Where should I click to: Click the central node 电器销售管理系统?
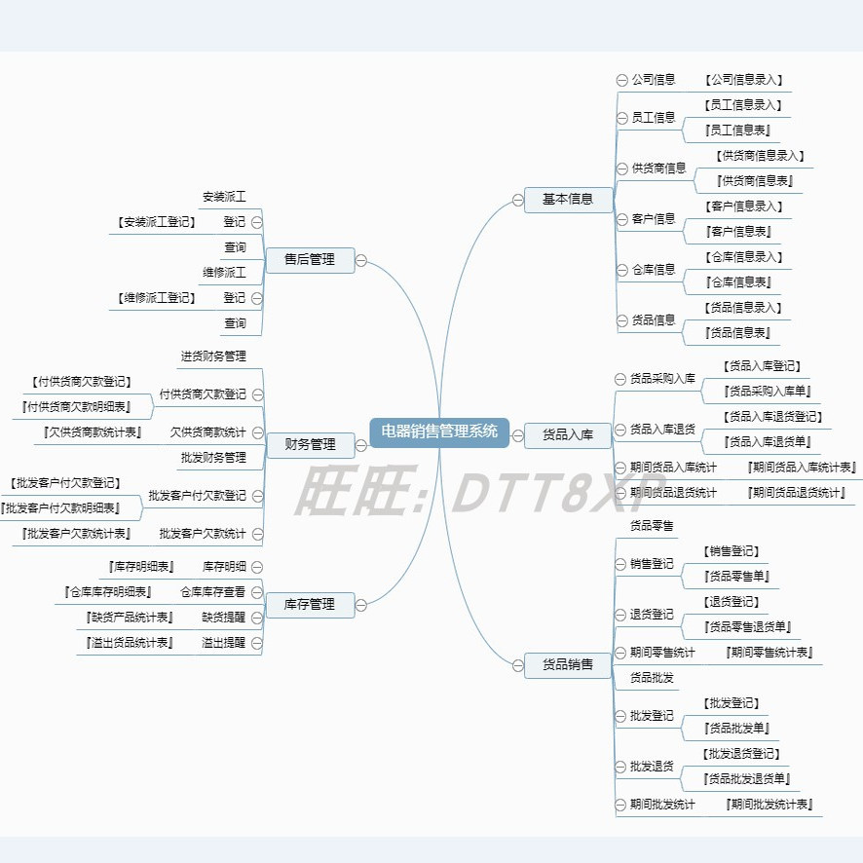click(x=439, y=431)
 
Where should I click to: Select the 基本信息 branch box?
click(x=568, y=200)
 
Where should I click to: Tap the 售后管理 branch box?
click(x=309, y=260)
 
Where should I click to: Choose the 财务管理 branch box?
click(x=309, y=445)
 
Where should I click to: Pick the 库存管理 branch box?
click(x=309, y=605)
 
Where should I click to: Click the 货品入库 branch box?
click(x=568, y=434)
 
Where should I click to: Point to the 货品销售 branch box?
click(x=568, y=665)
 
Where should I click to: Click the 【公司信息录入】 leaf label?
click(x=745, y=80)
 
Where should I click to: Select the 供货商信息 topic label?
click(x=658, y=168)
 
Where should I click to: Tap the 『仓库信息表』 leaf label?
click(x=739, y=282)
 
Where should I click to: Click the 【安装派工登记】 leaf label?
click(x=155, y=222)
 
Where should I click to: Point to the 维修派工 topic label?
click(x=224, y=273)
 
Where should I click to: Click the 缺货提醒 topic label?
click(x=224, y=618)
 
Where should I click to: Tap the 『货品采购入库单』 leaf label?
click(x=769, y=392)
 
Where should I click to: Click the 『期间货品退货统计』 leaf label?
click(x=796, y=493)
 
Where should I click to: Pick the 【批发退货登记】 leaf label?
click(x=743, y=754)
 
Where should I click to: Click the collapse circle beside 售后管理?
click(x=361, y=260)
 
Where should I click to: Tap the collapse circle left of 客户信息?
click(x=622, y=219)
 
